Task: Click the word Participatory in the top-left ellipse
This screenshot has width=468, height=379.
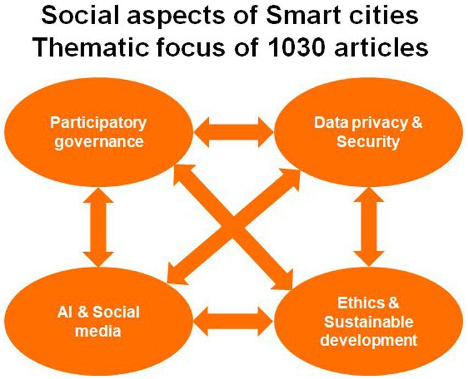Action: [x=98, y=123]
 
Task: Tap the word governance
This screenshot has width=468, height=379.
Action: [x=99, y=142]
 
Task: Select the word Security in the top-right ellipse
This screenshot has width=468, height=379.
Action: [x=368, y=142]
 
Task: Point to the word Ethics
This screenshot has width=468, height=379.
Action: [x=360, y=303]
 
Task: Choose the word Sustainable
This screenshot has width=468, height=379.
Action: [x=368, y=322]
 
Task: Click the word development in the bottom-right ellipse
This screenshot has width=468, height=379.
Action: [x=368, y=341]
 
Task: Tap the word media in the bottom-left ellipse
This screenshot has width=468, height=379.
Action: [x=98, y=331]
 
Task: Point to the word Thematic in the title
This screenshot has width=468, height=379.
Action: [x=90, y=47]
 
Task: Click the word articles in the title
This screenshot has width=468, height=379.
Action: [x=382, y=47]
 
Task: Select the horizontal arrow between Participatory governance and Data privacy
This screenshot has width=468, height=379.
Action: [x=233, y=132]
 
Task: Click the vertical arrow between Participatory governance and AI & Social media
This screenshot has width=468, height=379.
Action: [x=98, y=227]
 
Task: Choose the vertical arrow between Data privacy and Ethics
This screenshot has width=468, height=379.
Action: [x=369, y=227]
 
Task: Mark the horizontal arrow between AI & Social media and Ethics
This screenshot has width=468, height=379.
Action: [x=233, y=321]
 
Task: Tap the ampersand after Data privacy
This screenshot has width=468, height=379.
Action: [x=417, y=122]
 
